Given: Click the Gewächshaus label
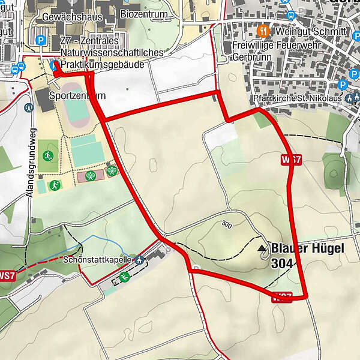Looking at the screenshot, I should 73,16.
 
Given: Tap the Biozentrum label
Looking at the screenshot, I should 145,13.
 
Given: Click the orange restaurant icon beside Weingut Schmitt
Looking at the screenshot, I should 262,30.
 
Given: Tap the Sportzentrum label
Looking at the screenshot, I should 77,95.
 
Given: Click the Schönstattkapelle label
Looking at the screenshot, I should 98,260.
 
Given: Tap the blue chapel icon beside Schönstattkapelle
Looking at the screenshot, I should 139,260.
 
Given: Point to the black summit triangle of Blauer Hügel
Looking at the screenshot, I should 261,247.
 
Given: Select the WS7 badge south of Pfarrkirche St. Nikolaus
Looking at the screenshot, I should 290,160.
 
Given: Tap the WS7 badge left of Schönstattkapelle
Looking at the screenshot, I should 5,276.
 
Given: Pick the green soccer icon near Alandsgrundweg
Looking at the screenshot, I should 48,156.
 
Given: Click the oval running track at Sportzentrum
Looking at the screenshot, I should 74,112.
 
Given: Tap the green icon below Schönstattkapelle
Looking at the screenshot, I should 124,277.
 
